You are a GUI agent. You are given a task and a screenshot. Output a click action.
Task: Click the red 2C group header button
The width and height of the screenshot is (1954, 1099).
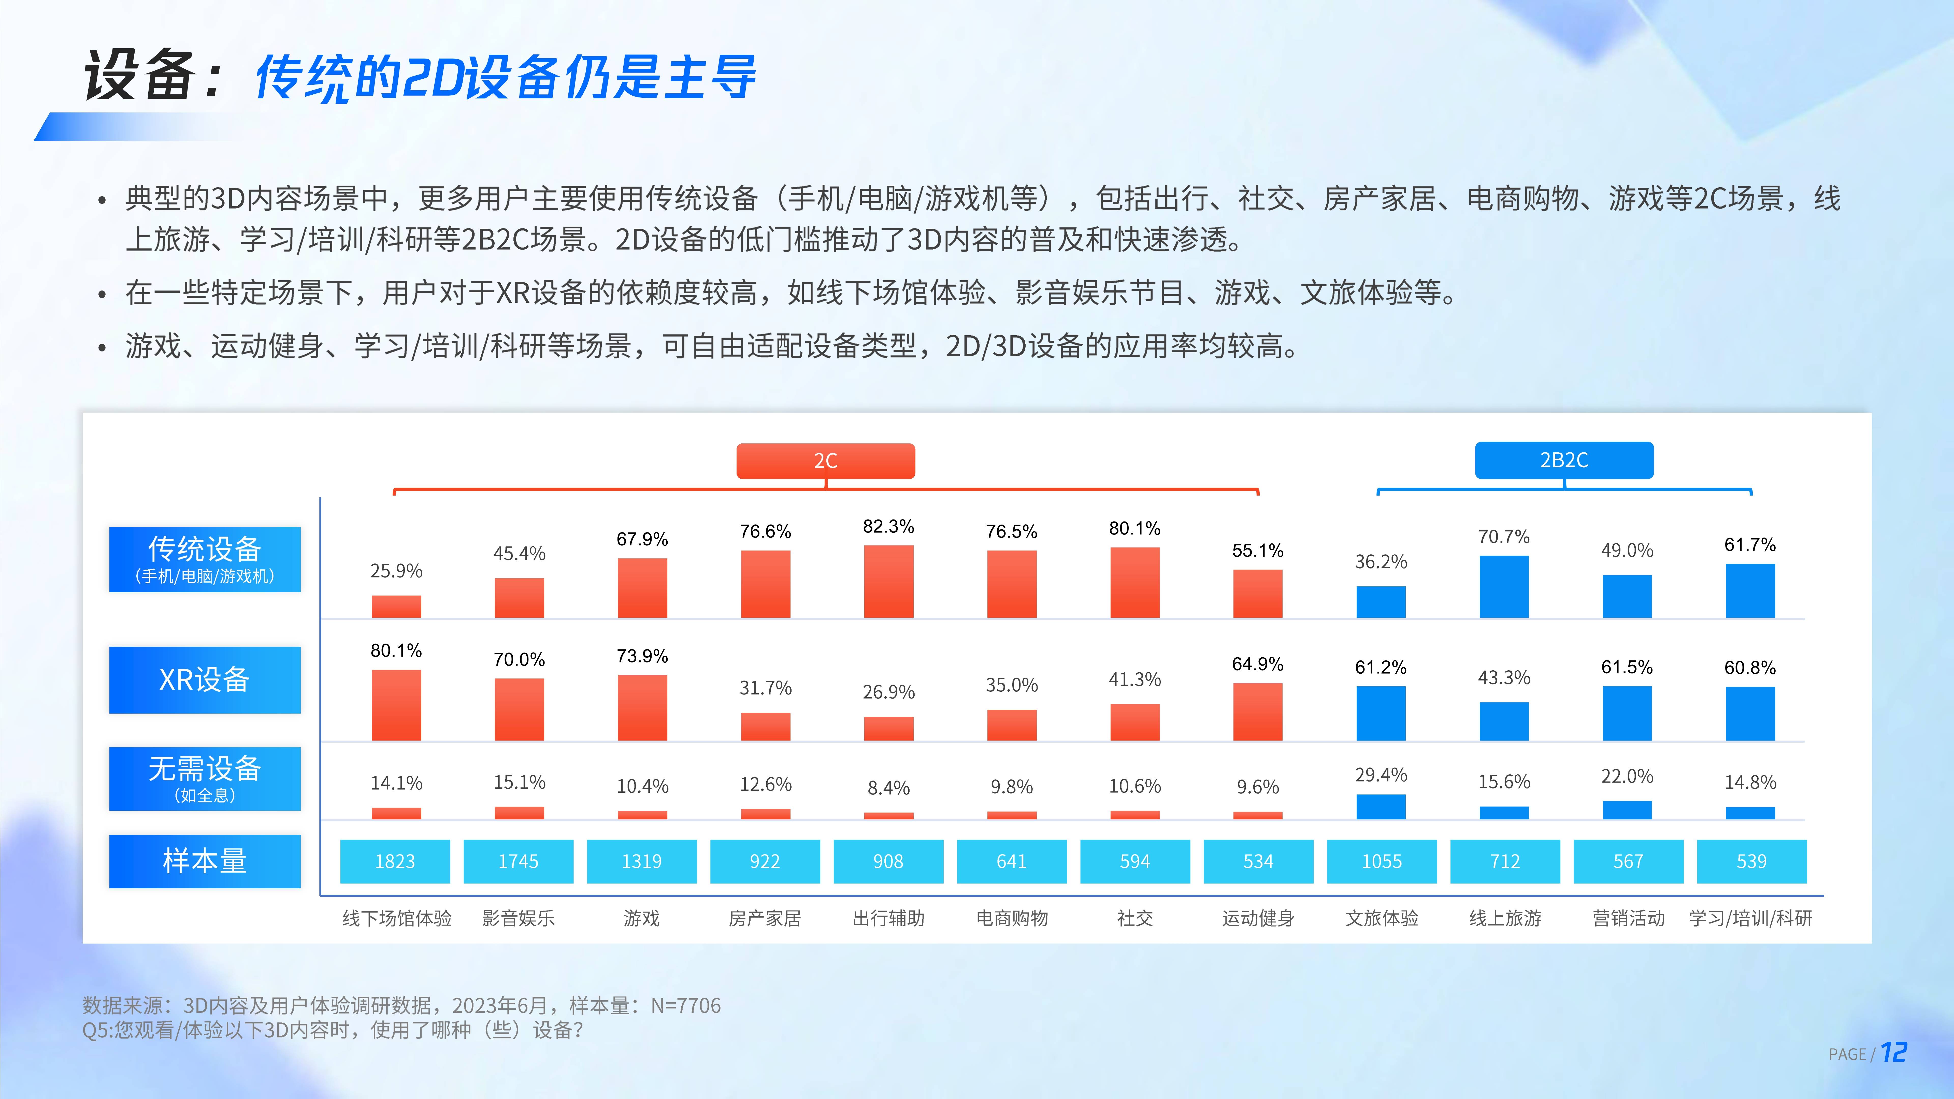(825, 460)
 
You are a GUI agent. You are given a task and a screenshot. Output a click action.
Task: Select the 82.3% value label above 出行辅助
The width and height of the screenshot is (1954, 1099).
(888, 526)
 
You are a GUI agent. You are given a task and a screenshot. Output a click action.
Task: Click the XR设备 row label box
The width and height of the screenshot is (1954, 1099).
(205, 679)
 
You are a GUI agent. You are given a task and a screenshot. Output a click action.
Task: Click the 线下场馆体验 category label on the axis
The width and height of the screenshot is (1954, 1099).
(397, 918)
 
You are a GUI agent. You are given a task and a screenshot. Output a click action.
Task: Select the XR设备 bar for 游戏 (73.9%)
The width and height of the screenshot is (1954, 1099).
(642, 707)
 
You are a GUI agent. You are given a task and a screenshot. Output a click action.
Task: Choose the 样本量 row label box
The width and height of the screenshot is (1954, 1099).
(205, 861)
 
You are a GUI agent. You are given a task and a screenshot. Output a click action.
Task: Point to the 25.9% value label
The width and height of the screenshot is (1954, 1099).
(396, 570)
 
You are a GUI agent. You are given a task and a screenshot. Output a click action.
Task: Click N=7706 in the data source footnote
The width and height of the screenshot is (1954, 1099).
(686, 1006)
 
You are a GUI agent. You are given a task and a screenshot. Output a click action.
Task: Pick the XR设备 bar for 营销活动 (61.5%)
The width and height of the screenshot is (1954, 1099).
(1627, 713)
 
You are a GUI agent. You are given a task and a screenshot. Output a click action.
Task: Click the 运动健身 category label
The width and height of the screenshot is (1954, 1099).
(1258, 918)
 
